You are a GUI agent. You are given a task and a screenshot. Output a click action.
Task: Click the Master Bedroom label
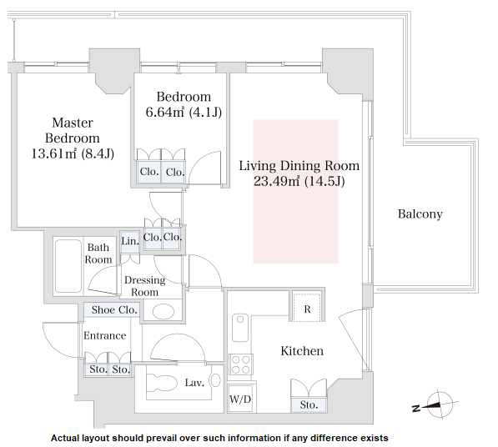(x=73, y=130)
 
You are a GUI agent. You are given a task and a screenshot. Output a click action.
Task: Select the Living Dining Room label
(x=299, y=166)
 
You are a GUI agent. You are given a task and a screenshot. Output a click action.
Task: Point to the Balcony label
(x=420, y=214)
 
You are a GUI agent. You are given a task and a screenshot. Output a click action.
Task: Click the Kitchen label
(x=302, y=351)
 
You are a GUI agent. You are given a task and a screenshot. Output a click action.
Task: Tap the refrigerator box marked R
(x=307, y=307)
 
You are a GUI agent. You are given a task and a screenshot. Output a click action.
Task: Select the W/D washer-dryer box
(x=240, y=399)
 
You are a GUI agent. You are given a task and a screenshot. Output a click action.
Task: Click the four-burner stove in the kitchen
(x=241, y=364)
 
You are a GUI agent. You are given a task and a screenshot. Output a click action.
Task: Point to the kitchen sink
(x=240, y=328)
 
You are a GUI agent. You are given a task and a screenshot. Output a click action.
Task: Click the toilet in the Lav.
(x=162, y=382)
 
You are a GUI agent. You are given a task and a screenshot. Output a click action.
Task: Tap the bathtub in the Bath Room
(x=68, y=266)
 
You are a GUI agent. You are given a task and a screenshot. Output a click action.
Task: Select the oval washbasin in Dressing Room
(x=163, y=312)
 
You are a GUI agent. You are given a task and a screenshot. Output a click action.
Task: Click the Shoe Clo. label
(x=114, y=310)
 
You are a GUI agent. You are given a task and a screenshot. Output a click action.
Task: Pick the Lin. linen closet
(x=130, y=242)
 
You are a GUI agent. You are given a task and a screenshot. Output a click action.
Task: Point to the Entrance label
(x=105, y=335)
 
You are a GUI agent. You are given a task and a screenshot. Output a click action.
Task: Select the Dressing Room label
(x=145, y=286)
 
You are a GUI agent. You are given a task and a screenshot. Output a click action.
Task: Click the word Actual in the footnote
(x=65, y=438)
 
